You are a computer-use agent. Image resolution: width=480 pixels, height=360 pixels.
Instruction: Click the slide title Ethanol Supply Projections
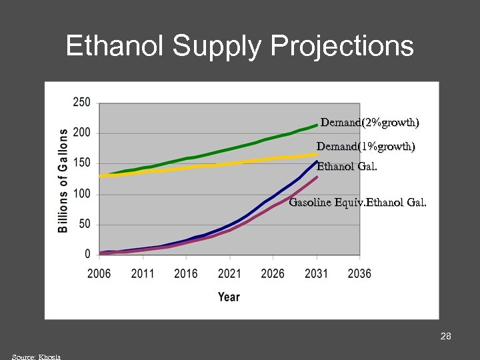[x=240, y=47]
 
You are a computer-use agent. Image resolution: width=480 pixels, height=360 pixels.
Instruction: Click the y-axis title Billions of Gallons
[x=63, y=180]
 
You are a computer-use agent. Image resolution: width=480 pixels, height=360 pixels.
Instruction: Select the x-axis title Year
[x=229, y=297]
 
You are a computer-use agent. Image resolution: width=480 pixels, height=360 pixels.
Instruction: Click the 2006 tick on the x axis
[x=99, y=273]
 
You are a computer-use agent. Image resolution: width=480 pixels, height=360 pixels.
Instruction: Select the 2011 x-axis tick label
[x=143, y=273]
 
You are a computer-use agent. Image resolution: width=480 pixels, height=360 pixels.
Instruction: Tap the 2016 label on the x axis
[x=186, y=273]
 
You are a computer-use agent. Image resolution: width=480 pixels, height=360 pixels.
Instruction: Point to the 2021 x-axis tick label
[x=229, y=273]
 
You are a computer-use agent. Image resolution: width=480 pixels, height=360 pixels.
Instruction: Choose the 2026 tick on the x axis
[x=273, y=273]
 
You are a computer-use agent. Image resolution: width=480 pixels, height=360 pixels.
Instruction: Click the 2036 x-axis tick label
[x=359, y=273]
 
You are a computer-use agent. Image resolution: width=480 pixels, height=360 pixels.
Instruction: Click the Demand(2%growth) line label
[x=369, y=123]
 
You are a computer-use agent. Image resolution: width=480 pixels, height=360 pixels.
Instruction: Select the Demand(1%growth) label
[x=365, y=146]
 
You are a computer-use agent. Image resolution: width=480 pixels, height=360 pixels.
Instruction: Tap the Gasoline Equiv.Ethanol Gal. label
[x=357, y=202]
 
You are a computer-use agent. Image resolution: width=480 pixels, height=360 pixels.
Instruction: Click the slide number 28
[x=446, y=336]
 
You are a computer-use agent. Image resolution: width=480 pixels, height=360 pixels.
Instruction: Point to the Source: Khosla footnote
[x=36, y=357]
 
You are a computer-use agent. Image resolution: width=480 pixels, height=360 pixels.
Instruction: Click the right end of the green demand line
[x=316, y=125]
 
